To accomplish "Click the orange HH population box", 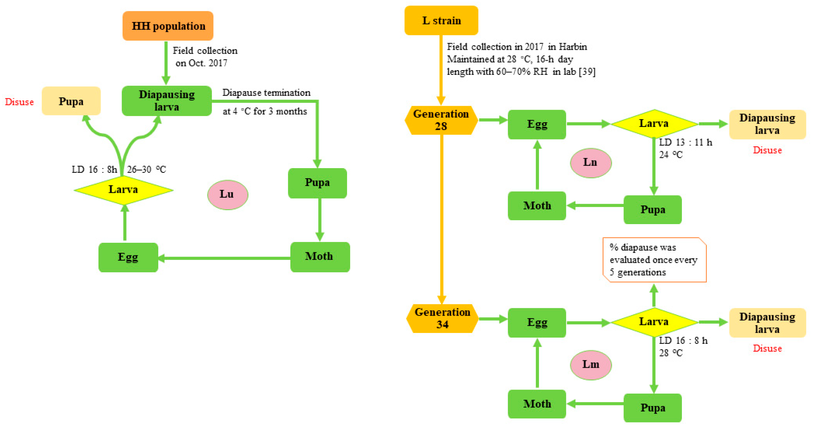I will tap(168, 26).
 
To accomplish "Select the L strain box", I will tap(441, 21).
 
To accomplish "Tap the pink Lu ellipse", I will tap(227, 195).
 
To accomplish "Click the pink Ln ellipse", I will tap(591, 163).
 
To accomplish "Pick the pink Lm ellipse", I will tap(591, 364).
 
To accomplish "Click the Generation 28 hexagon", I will tap(441, 120).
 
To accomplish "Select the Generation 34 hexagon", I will tap(442, 318).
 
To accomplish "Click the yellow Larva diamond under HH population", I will tap(123, 190).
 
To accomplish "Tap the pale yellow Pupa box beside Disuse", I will tap(71, 101).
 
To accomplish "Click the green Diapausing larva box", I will tap(167, 100).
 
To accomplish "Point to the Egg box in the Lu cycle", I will tap(128, 257).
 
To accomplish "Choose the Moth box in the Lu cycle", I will tap(320, 257).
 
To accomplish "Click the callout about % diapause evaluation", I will tap(654, 260).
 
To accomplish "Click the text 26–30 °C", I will tap(146, 170).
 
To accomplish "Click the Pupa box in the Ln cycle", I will tap(652, 209).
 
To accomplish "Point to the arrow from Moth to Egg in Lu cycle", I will tap(224, 258).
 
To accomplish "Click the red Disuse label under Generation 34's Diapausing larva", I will tap(767, 348).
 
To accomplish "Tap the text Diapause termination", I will tap(266, 93).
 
